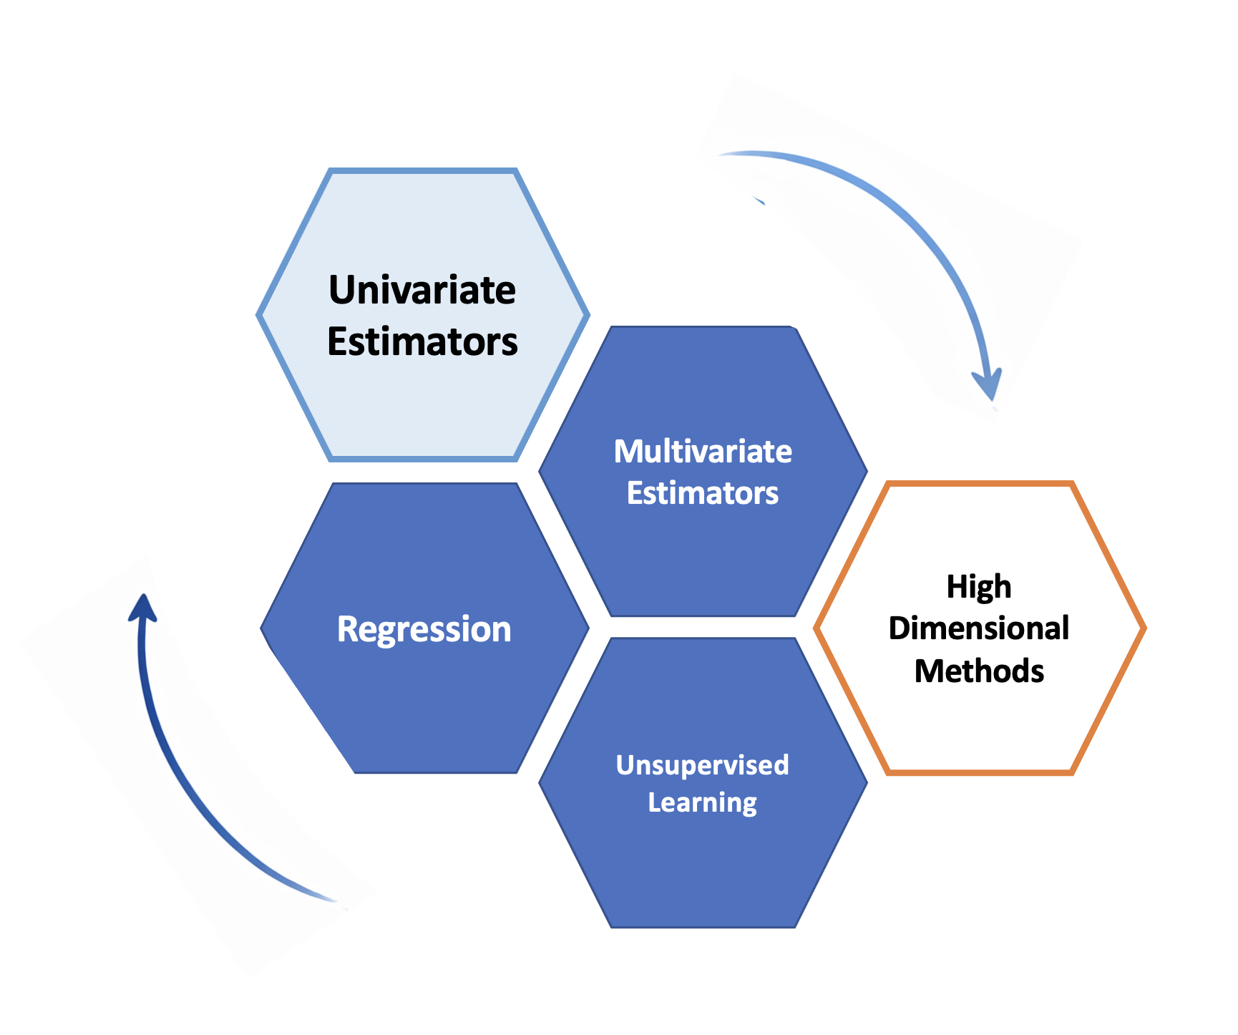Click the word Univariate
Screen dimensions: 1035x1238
point(422,290)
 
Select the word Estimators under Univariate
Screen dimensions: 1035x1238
point(422,341)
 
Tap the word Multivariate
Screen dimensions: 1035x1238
point(703,452)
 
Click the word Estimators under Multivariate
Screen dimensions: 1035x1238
point(703,493)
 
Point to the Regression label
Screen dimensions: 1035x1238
point(424,629)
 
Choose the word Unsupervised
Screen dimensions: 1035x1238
point(702,765)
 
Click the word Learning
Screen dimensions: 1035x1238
point(702,802)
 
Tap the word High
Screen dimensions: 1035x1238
point(979,587)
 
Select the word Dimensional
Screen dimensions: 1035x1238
point(979,628)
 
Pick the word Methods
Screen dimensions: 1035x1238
point(979,671)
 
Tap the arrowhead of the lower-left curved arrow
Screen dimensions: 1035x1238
point(143,608)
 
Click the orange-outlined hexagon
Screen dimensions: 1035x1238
point(979,730)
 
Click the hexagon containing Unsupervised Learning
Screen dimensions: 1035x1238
point(703,859)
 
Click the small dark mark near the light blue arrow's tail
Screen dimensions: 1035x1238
point(759,200)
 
